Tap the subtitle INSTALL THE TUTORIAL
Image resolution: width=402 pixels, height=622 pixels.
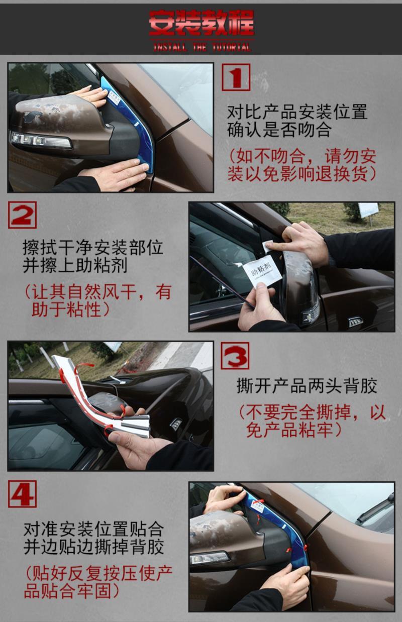tap(202, 47)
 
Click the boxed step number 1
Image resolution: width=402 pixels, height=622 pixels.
tap(236, 77)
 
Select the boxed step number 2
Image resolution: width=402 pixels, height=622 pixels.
tap(22, 215)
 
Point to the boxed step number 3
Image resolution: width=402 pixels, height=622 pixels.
tap(235, 355)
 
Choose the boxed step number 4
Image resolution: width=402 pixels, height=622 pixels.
tap(22, 494)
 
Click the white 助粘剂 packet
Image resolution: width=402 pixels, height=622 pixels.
tap(262, 272)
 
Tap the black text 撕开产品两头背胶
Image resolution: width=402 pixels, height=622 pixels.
tap(307, 386)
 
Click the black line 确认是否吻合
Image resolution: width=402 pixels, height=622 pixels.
tap(279, 130)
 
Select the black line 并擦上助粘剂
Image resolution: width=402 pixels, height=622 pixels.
tap(75, 265)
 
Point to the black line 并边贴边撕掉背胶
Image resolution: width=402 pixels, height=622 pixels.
tap(93, 547)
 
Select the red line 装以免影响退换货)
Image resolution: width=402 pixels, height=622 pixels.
tap(302, 174)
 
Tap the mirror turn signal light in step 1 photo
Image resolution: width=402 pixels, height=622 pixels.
tap(41, 141)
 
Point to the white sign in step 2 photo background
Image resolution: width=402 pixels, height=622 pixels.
tap(368, 210)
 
